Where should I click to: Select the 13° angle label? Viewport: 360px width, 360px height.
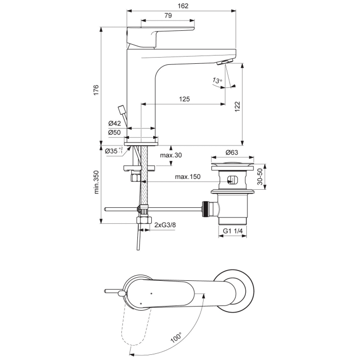pos(217,81)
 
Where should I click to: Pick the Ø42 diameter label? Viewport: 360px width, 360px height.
pos(114,123)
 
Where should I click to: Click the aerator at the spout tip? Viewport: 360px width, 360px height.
pos(225,63)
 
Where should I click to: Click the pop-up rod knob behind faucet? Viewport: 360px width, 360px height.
pos(121,109)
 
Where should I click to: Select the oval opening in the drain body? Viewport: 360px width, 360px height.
pos(231,181)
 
